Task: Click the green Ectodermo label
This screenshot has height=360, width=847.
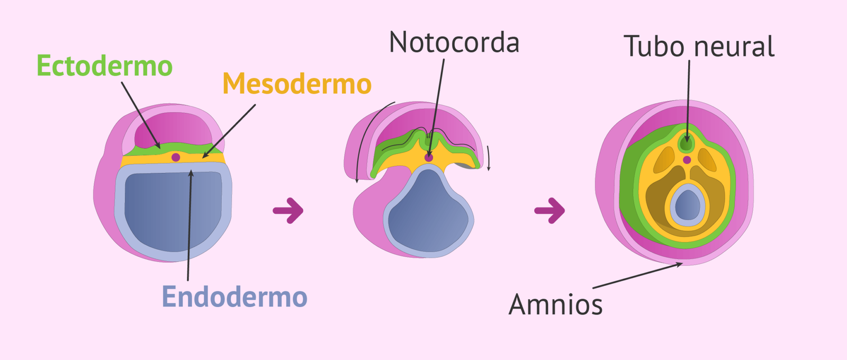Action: [104, 66]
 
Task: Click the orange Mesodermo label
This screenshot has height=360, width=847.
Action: [296, 84]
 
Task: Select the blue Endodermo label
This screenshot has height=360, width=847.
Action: [234, 296]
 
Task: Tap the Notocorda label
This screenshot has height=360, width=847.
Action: [454, 42]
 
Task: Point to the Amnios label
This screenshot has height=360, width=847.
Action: [555, 305]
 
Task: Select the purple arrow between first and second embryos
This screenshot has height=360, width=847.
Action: [289, 210]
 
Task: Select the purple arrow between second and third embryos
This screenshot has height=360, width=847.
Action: [550, 210]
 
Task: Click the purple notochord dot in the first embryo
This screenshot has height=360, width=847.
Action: [176, 157]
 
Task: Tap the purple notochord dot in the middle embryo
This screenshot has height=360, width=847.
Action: [429, 158]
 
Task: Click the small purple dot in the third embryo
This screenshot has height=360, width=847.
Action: [687, 160]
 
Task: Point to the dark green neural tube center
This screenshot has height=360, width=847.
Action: [687, 143]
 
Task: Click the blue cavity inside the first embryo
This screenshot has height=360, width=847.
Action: [169, 212]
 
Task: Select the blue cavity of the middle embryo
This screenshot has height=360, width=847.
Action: [429, 212]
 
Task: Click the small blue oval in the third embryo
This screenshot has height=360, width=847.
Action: [688, 205]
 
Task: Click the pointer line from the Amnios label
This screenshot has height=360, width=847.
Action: [635, 276]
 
